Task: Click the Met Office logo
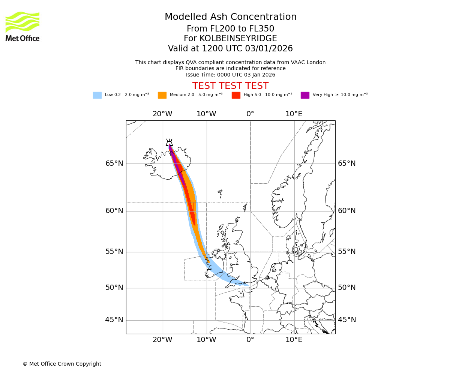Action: point(22,26)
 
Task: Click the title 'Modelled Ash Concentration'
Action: point(231,17)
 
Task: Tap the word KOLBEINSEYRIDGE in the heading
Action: point(238,39)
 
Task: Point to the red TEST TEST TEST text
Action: point(230,86)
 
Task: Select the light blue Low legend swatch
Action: point(97,95)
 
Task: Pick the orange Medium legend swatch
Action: point(162,95)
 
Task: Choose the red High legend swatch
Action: point(236,95)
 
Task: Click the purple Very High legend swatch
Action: point(305,95)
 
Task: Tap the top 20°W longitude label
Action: point(162,114)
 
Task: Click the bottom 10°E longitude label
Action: point(294,340)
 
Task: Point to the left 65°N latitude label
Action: point(114,163)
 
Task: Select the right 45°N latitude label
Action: point(346,320)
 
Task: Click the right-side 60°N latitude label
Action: point(346,211)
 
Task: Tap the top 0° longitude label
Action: point(250,114)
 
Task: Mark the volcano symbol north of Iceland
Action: point(169,142)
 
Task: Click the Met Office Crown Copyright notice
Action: point(62,364)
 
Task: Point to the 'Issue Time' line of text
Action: point(230,75)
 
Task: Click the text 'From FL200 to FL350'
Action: point(230,29)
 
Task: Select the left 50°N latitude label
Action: point(114,288)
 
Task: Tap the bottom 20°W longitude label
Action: point(162,340)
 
